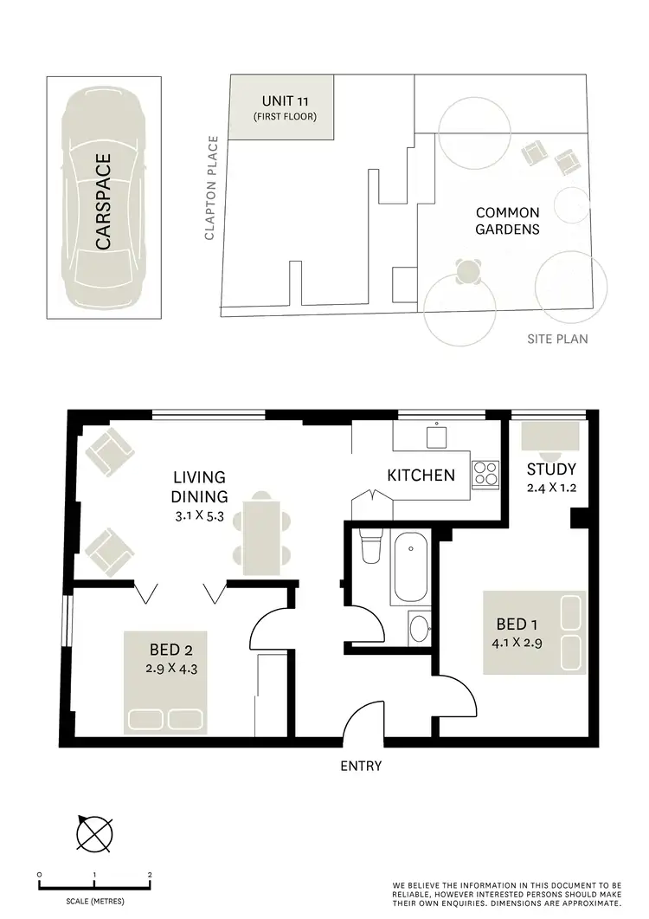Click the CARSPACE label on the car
pos(104,202)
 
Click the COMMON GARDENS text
pos(507,221)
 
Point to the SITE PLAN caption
pos(557,339)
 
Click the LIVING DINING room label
pos(199,487)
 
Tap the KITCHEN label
pos(421,475)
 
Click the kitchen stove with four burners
pos(485,474)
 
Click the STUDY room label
pos(551,469)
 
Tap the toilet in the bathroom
pos(369,547)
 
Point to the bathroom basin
pos(419,627)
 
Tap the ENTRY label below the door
pos(361,766)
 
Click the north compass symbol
pos(94,833)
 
